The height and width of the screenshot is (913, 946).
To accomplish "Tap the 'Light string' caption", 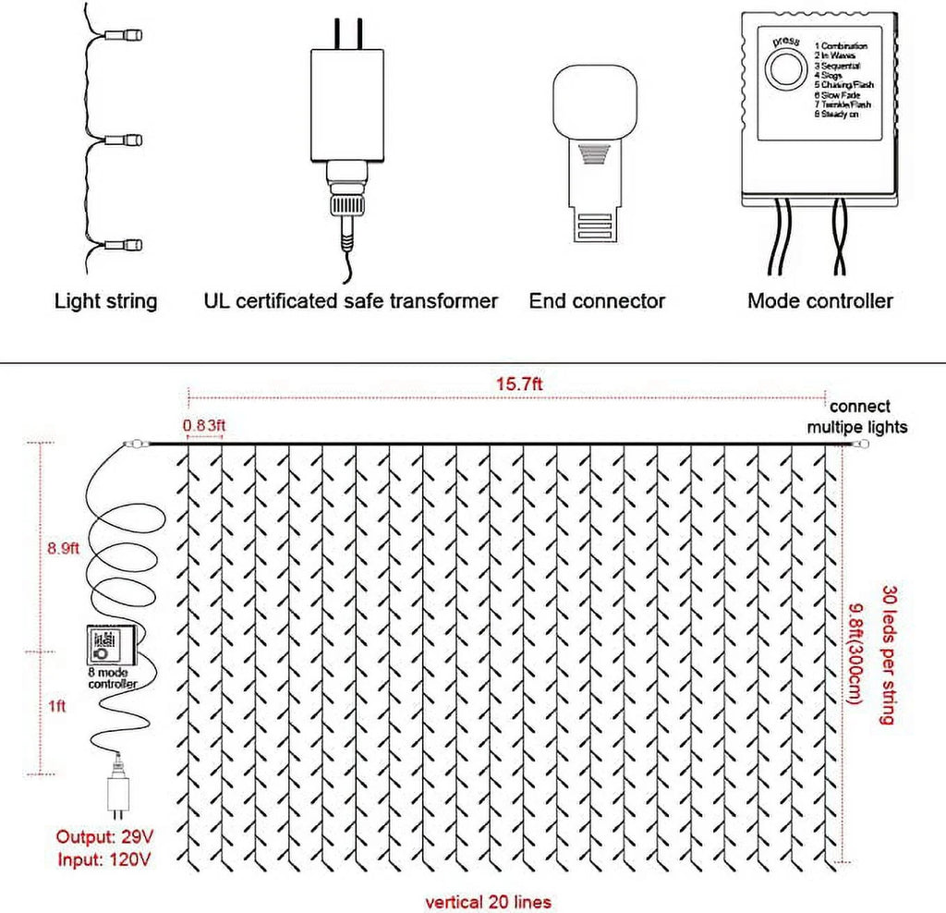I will tap(105, 300).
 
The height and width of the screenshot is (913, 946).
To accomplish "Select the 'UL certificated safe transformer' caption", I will tap(350, 300).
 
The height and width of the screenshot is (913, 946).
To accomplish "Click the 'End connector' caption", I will tap(597, 300).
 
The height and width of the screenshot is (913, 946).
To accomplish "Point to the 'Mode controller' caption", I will tap(819, 300).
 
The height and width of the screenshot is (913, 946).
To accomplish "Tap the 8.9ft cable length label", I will tap(66, 547).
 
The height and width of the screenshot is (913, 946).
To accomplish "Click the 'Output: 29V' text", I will tap(105, 836).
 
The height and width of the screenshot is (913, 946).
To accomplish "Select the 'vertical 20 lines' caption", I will tap(488, 900).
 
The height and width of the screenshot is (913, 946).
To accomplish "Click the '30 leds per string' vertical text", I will tap(889, 654).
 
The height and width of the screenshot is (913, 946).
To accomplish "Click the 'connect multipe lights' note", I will tap(857, 417).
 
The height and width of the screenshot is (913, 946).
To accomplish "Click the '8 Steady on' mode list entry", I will tap(843, 116).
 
